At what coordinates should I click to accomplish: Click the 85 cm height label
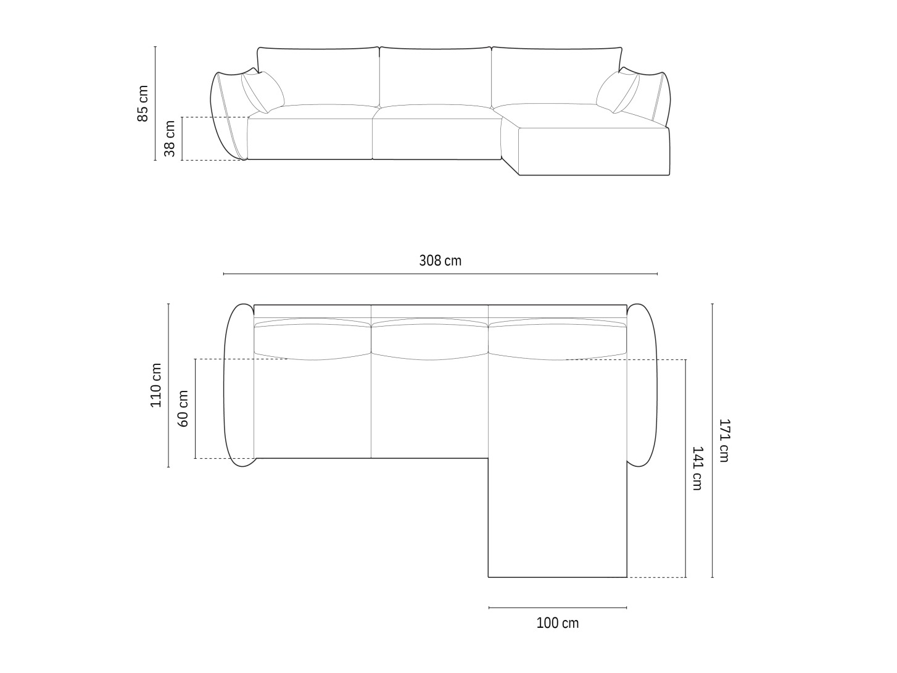click(143, 103)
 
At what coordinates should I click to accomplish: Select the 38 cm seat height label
click(170, 138)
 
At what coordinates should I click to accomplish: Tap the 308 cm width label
click(440, 261)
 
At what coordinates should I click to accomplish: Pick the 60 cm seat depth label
click(183, 408)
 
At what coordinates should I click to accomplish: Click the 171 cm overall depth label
click(724, 440)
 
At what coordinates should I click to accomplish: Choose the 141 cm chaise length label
click(697, 468)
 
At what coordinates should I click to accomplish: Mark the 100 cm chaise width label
click(557, 623)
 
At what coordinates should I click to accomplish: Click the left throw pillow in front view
click(262, 92)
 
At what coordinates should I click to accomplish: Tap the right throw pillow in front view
click(618, 92)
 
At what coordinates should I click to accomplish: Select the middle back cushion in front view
click(435, 77)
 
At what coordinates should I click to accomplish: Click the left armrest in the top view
click(238, 385)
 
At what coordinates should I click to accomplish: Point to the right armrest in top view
click(643, 385)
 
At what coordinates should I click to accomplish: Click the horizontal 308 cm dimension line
click(440, 274)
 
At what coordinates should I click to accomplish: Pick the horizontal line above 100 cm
click(557, 608)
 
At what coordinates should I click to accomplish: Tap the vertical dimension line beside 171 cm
click(713, 440)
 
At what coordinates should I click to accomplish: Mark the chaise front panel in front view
click(594, 152)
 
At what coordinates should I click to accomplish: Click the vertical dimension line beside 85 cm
click(155, 103)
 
